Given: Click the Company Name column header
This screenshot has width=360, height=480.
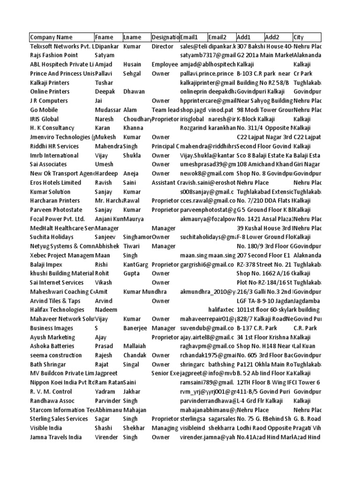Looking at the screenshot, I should [x=51, y=37].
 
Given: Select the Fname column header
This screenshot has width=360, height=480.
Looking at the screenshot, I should [x=104, y=37].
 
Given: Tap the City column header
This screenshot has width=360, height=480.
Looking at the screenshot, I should [x=299, y=37].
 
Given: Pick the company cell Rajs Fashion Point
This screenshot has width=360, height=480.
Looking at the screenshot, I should [x=54, y=55].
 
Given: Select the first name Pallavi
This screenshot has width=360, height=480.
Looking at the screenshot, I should [x=105, y=74].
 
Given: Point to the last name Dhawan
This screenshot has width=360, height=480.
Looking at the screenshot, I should [x=134, y=92].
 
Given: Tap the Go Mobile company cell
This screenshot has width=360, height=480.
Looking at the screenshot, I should [x=44, y=110].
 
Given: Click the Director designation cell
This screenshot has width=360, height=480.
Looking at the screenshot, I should [x=162, y=46].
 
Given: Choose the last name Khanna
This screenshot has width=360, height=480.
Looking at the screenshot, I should [x=133, y=128].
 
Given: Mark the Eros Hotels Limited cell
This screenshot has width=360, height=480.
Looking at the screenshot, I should [x=55, y=183].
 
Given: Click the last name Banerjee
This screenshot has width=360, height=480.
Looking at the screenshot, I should [x=135, y=328].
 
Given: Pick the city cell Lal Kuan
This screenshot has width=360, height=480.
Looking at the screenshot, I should [x=305, y=346].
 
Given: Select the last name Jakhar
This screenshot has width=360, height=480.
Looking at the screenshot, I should [x=132, y=392].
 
